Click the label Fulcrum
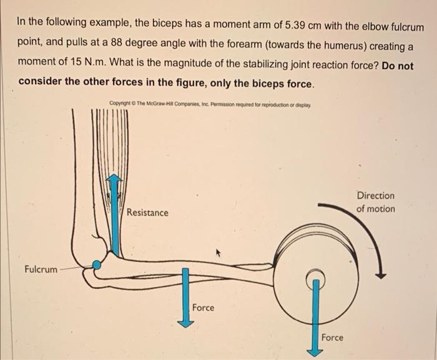tap(41, 270)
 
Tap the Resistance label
tap(147, 213)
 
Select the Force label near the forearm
tap(203, 308)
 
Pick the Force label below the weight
tap(332, 338)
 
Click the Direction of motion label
tap(376, 202)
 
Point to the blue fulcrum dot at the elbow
tap(96, 265)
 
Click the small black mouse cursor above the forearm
tap(219, 253)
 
